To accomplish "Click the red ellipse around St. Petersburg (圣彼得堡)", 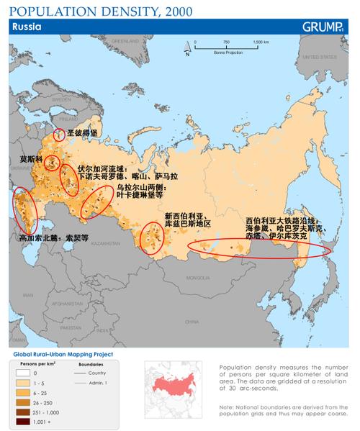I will (x=59, y=135).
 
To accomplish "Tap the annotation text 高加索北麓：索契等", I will (x=53, y=236).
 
